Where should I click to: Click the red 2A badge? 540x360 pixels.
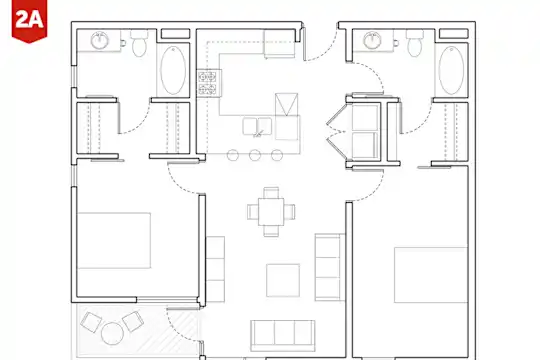(29, 21)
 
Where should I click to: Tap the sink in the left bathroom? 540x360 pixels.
(100, 41)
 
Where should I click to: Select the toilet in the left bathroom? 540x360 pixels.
(139, 43)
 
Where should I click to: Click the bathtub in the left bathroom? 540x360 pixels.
(173, 70)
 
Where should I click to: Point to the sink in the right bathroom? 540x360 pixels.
(373, 41)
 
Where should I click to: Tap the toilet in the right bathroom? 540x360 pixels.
(415, 43)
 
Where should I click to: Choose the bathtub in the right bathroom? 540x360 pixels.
(451, 70)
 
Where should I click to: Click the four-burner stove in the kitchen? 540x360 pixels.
(208, 83)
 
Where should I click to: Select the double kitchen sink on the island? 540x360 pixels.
(257, 126)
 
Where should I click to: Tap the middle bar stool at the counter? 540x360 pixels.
(255, 155)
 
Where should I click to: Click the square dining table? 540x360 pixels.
(271, 212)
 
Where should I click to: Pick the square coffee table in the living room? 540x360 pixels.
(283, 280)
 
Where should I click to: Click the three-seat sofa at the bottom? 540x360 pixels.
(283, 336)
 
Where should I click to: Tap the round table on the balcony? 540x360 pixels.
(112, 333)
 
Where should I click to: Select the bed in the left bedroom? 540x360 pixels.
(114, 240)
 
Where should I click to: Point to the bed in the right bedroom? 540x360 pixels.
(431, 275)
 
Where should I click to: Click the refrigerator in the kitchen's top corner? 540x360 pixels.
(280, 43)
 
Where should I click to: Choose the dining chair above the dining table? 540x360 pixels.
(271, 193)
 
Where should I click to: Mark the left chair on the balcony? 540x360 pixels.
(91, 322)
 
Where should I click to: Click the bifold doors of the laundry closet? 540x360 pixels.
(336, 132)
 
